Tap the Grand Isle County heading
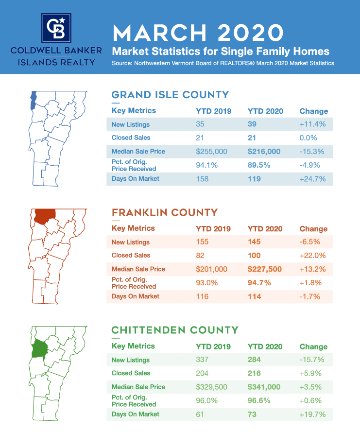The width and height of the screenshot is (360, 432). click(170, 94)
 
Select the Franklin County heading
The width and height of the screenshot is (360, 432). click(165, 212)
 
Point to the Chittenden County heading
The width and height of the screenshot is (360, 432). click(175, 330)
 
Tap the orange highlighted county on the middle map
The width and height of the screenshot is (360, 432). click(44, 215)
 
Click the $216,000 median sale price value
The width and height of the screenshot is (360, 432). click(264, 151)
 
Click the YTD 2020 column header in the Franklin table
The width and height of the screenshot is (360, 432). click(265, 229)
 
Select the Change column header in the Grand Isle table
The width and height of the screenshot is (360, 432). click(313, 111)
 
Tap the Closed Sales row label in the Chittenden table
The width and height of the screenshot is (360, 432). click(131, 373)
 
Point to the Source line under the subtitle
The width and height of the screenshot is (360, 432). click(223, 63)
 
